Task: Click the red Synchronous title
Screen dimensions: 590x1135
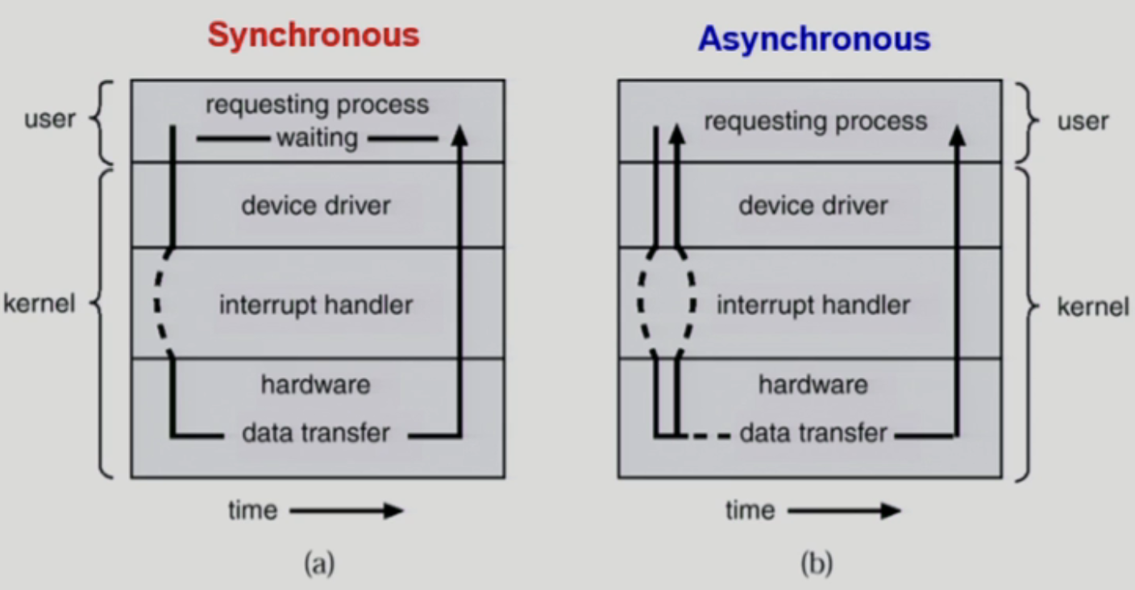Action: coord(314,35)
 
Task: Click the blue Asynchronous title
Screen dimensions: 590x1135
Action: coord(814,38)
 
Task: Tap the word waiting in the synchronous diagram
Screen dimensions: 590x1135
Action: coord(317,139)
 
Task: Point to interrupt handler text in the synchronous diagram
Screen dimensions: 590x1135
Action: coord(316,305)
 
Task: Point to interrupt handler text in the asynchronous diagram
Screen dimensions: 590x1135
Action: coord(813,305)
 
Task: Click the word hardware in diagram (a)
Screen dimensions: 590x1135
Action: coord(315,384)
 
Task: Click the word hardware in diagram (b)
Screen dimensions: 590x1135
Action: coord(813,384)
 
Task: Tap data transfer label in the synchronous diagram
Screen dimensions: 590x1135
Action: coord(316,433)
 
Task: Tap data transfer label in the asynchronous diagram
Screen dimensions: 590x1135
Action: coord(813,433)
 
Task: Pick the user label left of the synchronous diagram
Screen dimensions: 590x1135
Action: coord(50,119)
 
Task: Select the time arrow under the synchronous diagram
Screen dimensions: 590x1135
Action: coord(346,510)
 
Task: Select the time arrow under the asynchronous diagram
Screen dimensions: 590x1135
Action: coord(844,510)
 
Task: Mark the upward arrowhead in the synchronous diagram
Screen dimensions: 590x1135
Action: coord(459,134)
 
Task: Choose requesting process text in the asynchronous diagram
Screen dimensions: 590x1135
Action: coord(816,122)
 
